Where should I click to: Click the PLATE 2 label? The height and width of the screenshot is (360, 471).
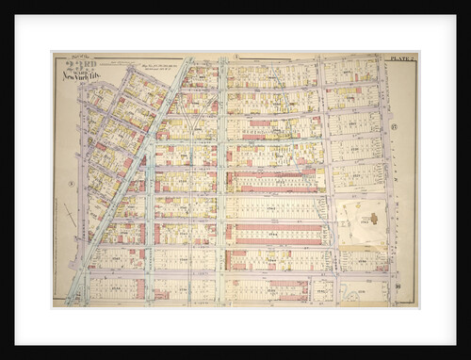(x=404, y=57)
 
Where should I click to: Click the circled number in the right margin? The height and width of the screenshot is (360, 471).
(x=395, y=125)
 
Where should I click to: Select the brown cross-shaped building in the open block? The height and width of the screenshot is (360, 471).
(x=372, y=219)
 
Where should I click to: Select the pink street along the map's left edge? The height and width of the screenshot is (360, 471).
(x=83, y=188)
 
